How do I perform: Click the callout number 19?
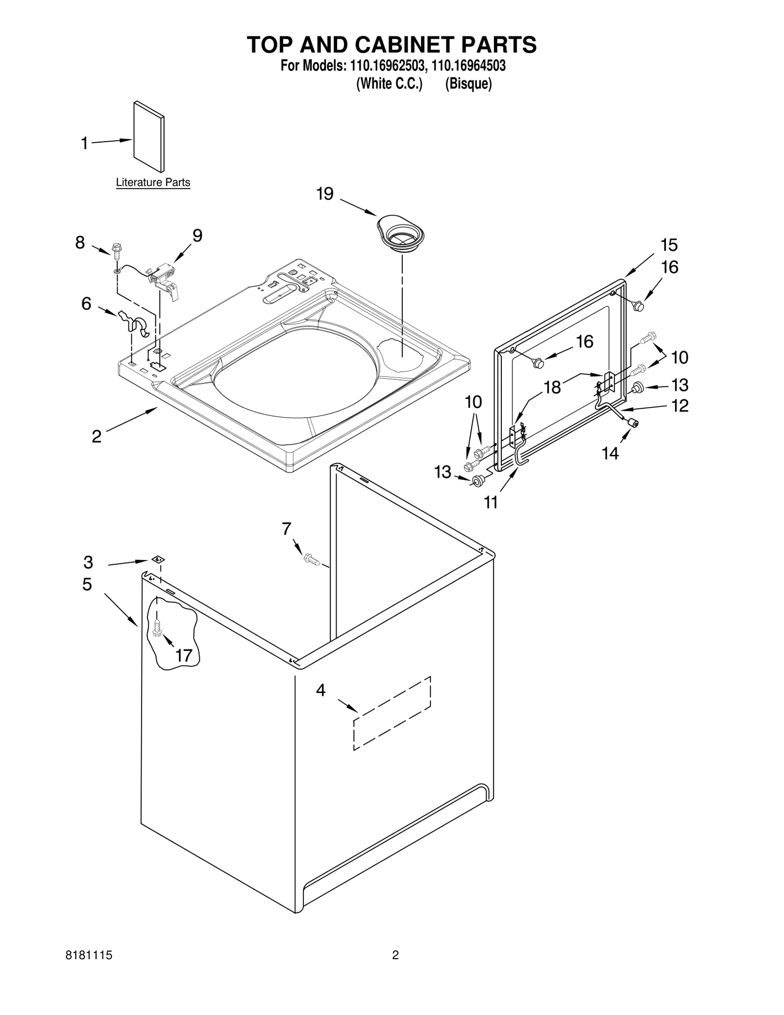pyautogui.click(x=325, y=194)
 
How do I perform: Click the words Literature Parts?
pyautogui.click(x=153, y=183)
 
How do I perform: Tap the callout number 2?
pyautogui.click(x=97, y=436)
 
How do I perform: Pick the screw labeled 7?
pyautogui.click(x=312, y=559)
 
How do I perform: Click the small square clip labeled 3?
pyautogui.click(x=158, y=559)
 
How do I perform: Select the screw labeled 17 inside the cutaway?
pyautogui.click(x=157, y=627)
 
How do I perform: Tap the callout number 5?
pyautogui.click(x=87, y=585)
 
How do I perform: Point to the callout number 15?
pyautogui.click(x=669, y=245)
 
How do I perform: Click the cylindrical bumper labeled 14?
pyautogui.click(x=633, y=422)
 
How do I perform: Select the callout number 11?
pyautogui.click(x=491, y=502)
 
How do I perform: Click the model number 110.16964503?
pyautogui.click(x=468, y=66)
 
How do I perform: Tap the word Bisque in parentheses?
pyautogui.click(x=468, y=84)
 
